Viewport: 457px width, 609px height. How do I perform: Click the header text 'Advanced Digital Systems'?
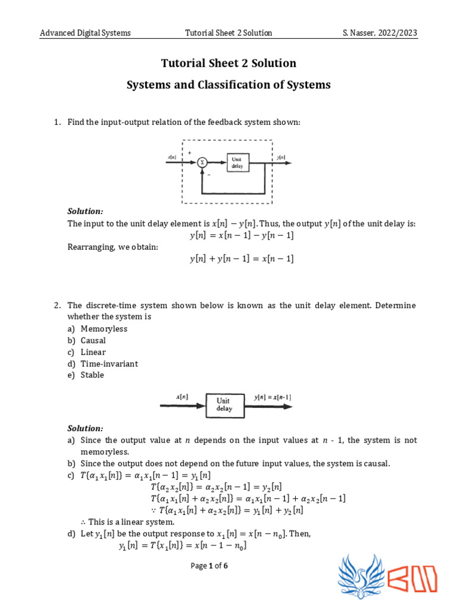click(x=85, y=33)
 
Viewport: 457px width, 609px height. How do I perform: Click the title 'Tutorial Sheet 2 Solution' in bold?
click(x=228, y=63)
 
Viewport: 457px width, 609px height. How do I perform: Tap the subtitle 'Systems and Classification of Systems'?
click(x=228, y=84)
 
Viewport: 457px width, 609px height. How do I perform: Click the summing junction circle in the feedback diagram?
click(x=202, y=162)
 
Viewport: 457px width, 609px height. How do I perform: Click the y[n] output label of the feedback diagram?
click(x=280, y=157)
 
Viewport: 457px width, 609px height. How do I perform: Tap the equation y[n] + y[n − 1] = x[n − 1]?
click(x=242, y=259)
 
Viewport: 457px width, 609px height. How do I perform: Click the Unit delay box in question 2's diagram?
click(x=224, y=405)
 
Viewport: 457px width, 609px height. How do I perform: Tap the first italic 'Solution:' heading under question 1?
click(x=85, y=212)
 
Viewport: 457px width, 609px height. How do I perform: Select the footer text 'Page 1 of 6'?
click(x=209, y=566)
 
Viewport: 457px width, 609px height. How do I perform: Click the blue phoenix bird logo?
click(x=361, y=575)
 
